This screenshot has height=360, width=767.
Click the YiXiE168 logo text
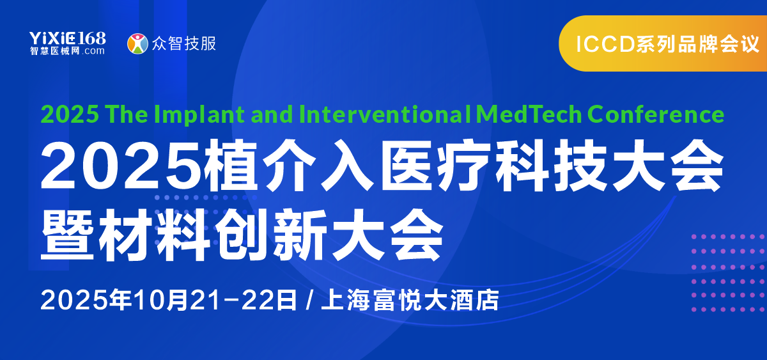point(68,38)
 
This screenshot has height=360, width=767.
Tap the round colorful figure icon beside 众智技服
point(137,43)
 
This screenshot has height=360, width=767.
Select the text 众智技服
point(184,43)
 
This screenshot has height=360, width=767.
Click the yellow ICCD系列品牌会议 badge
point(663,43)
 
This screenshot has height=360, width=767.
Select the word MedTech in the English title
point(529,114)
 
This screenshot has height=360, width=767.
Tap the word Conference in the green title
point(656,114)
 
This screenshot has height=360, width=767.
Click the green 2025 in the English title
point(70,114)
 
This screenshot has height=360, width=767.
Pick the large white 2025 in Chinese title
point(121,165)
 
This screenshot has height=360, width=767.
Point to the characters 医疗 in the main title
point(436,165)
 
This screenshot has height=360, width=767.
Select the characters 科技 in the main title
point(551,165)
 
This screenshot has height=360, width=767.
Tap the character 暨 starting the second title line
point(68,235)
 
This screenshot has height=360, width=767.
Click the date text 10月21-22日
point(215,300)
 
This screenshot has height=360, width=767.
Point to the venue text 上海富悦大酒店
point(410,300)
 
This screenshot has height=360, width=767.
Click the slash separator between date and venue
point(309,300)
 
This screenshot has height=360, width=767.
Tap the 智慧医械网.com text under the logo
point(67,51)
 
